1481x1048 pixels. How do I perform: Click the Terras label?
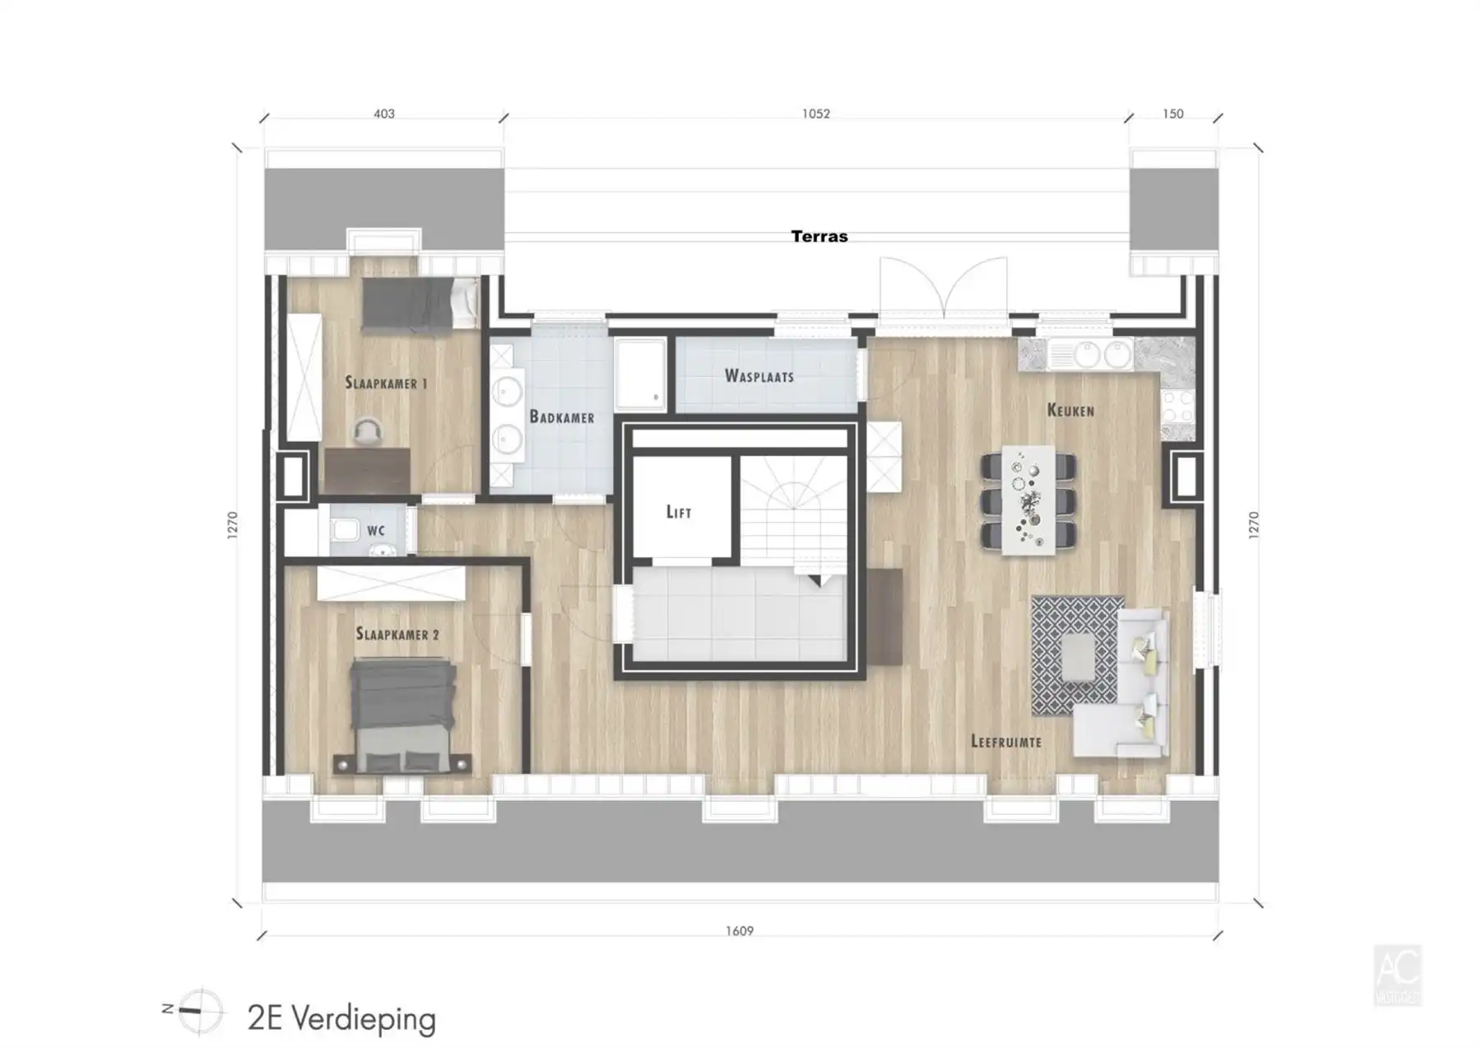819,236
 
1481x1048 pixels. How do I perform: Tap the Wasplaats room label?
759,376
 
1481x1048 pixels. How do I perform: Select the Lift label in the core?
679,512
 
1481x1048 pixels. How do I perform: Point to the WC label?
376,531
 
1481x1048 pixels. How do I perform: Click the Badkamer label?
562,417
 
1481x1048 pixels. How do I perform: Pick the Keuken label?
1070,410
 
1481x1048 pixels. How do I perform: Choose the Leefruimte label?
1006,741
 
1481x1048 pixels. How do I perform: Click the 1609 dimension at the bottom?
739,931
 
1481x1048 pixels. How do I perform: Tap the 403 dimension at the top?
384,114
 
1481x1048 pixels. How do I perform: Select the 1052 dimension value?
816,114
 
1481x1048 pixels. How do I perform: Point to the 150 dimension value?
1173,114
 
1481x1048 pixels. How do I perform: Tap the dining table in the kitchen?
1028,501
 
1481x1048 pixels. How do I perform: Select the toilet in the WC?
346,529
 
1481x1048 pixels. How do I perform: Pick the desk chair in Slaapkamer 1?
367,431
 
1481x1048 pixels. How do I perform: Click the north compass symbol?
199,1010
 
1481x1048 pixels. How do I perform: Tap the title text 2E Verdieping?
341,1018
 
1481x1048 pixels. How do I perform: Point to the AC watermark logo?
1397,976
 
